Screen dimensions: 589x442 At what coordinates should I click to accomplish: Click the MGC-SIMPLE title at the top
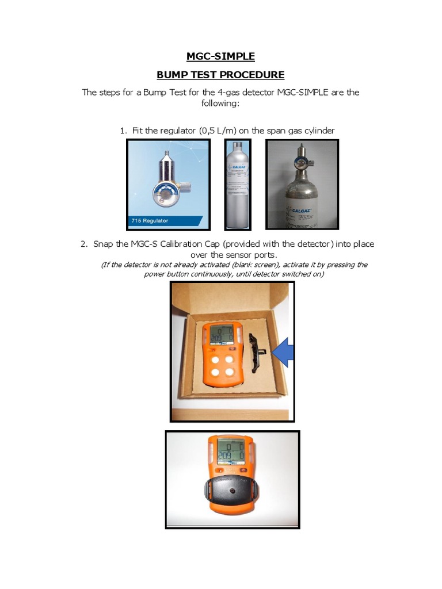[221, 56]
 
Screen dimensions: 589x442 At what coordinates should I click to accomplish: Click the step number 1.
[123, 131]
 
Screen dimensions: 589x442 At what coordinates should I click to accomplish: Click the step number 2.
[85, 244]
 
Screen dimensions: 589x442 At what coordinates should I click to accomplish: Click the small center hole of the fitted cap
[233, 492]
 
